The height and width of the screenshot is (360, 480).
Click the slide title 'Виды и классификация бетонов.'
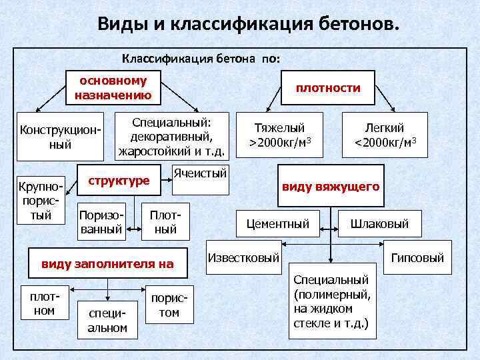click(x=249, y=25)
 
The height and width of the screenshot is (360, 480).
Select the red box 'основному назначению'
click(x=113, y=88)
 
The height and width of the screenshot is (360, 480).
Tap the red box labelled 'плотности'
click(x=328, y=88)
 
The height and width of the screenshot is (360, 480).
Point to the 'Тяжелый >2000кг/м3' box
click(x=280, y=135)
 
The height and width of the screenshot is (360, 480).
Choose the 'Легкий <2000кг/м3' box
click(x=385, y=135)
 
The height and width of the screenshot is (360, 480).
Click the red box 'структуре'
click(x=119, y=181)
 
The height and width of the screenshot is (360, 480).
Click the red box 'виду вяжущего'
click(x=331, y=187)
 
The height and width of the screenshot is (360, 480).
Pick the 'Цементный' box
click(x=277, y=224)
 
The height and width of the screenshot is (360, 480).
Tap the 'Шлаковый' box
click(x=379, y=224)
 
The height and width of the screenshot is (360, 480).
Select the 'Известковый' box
click(x=243, y=257)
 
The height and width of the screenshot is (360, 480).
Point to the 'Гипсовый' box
click(x=417, y=257)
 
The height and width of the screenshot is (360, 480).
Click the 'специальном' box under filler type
click(x=103, y=319)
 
